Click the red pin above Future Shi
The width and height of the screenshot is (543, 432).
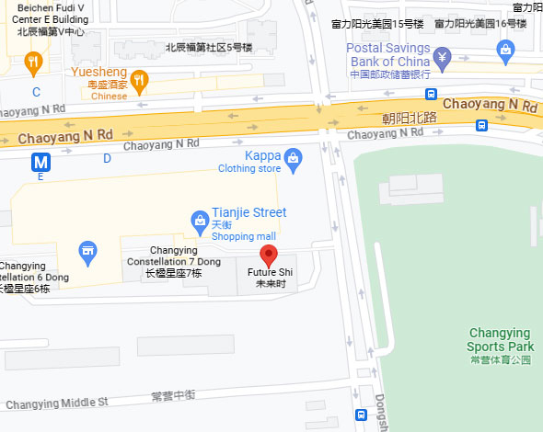(x=268, y=255)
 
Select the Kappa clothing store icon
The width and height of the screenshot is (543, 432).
(x=293, y=158)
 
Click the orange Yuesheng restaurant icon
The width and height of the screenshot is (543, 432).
(x=140, y=81)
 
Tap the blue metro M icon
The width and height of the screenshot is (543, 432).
(x=40, y=163)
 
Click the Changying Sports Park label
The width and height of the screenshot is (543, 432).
(x=500, y=339)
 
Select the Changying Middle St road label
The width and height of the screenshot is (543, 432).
(x=57, y=403)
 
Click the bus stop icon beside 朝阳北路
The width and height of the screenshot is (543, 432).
(x=431, y=94)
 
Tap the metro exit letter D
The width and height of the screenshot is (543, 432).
(x=107, y=158)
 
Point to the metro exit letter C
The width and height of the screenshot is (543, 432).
(x=37, y=92)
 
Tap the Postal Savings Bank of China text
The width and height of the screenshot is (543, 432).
(x=388, y=55)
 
